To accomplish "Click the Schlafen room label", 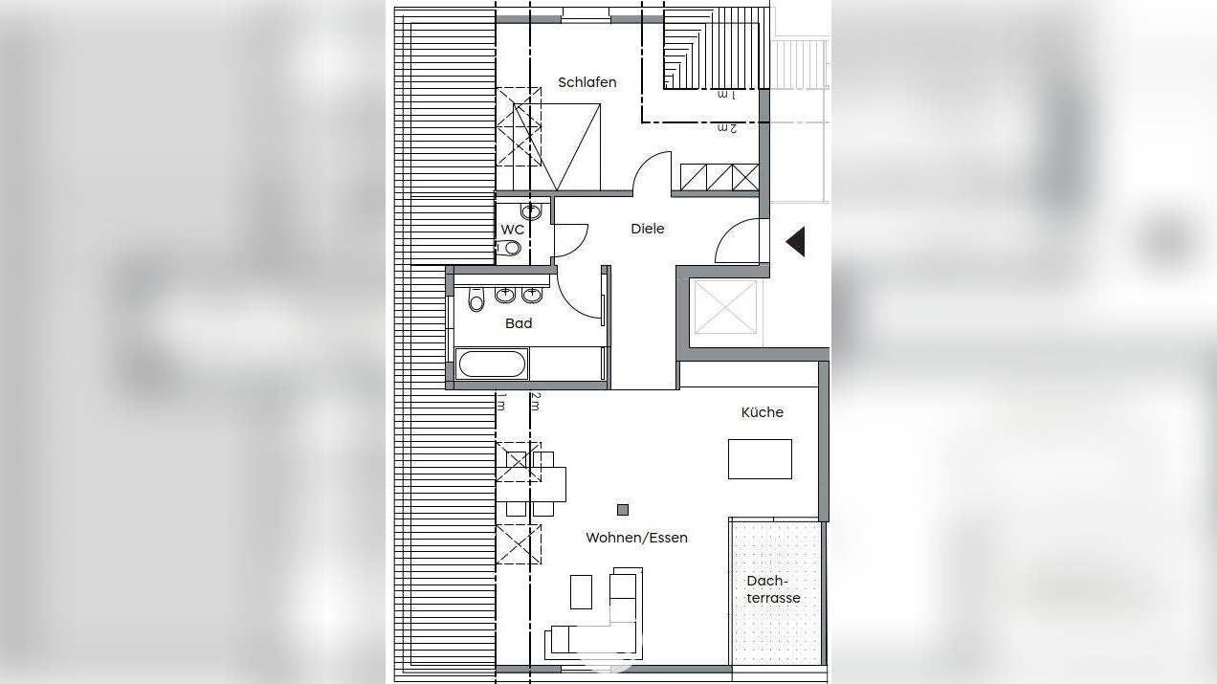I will click(x=586, y=82).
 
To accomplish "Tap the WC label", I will click(x=512, y=230).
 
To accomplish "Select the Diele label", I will click(x=647, y=229).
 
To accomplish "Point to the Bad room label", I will click(x=519, y=323).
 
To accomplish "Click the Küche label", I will click(x=762, y=412).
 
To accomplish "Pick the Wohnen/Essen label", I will click(x=636, y=538).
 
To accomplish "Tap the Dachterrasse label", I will click(x=773, y=589).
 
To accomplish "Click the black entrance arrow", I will click(x=795, y=242).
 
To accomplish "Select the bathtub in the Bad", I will click(x=492, y=364).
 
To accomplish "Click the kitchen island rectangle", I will click(x=760, y=459).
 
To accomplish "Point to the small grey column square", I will click(x=623, y=510).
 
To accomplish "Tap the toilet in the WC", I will click(x=511, y=249).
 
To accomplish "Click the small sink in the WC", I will click(x=531, y=210).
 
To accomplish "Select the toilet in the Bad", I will click(x=476, y=302).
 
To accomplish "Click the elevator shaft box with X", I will click(x=724, y=307).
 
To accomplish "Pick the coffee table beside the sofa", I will click(x=581, y=591).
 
